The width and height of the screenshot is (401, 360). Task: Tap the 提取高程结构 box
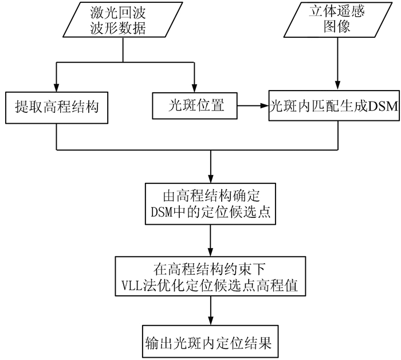pyautogui.click(x=56, y=107)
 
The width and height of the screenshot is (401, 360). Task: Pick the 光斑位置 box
pyautogui.click(x=195, y=105)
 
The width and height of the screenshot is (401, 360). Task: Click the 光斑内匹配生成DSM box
pyautogui.click(x=335, y=105)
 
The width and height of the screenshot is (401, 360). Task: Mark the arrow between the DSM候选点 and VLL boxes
pyautogui.click(x=211, y=241)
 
